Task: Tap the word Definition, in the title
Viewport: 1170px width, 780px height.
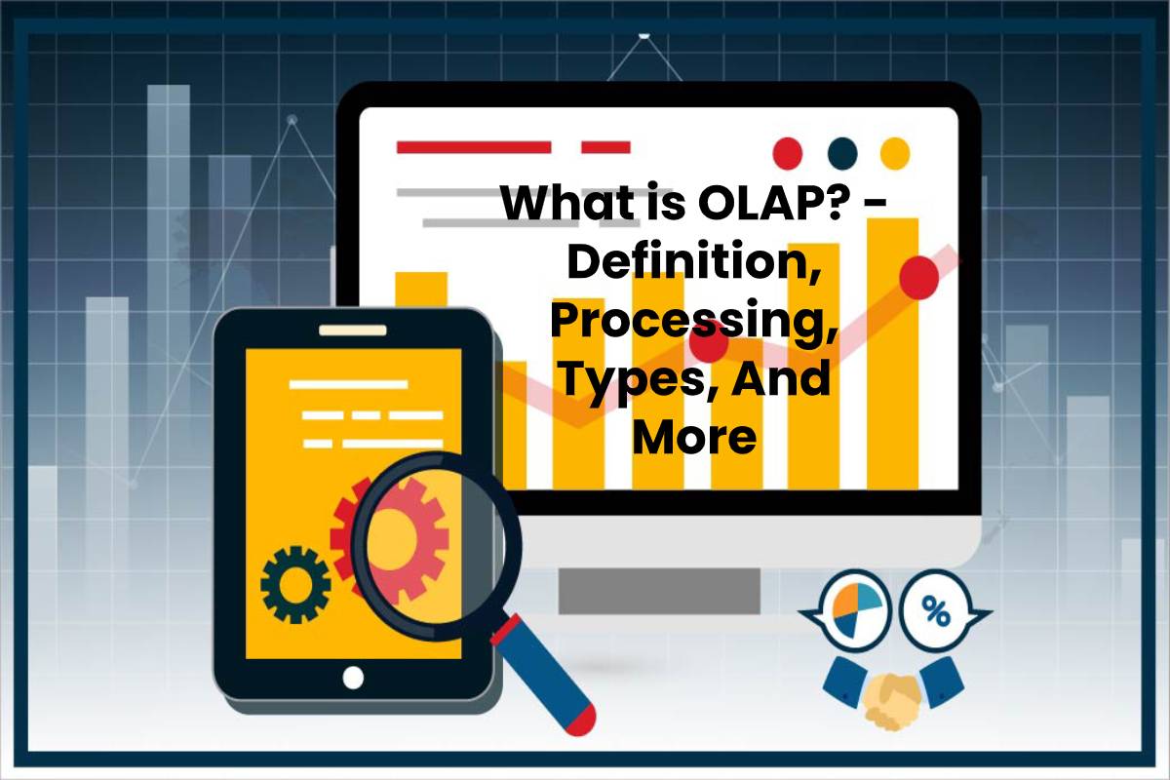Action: click(692, 263)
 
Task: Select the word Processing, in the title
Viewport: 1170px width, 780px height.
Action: click(692, 323)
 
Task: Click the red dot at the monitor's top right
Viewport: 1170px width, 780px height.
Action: click(787, 154)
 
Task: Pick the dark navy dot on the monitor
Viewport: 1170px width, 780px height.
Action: click(842, 154)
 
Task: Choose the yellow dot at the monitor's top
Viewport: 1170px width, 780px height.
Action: click(895, 154)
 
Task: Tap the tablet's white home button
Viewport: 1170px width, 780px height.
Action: click(353, 678)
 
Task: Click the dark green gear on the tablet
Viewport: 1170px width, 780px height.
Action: click(295, 585)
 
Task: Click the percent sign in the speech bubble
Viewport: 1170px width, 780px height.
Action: click(935, 611)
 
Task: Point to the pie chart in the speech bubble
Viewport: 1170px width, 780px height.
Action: click(856, 610)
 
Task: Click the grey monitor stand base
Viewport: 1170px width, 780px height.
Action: click(659, 591)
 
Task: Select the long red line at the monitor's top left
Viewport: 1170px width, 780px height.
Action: click(474, 147)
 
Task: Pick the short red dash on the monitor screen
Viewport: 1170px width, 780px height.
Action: click(605, 147)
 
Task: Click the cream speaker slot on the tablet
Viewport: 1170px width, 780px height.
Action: click(353, 331)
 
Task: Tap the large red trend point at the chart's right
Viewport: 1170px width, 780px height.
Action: click(918, 278)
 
